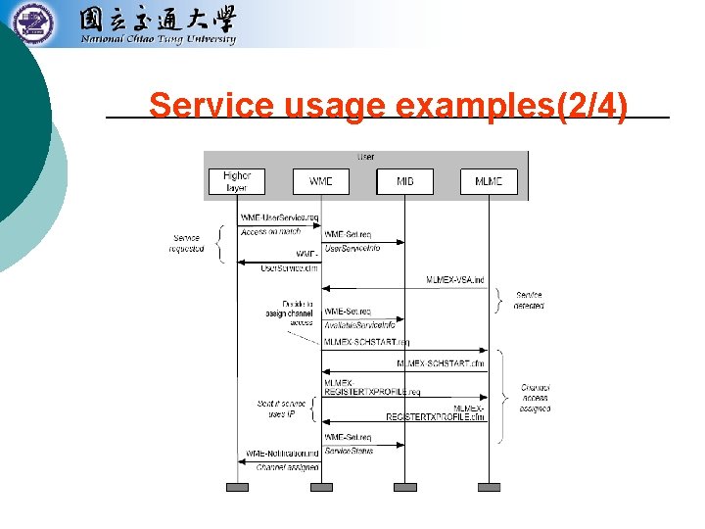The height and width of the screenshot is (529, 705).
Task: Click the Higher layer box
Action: (x=237, y=181)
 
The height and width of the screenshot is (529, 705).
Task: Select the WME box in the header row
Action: (x=320, y=181)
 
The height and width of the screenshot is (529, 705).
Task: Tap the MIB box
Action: (x=404, y=181)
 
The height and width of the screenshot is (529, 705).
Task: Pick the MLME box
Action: (x=489, y=181)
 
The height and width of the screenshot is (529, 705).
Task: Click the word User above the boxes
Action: (x=365, y=157)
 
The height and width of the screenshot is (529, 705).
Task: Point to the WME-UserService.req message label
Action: (x=280, y=216)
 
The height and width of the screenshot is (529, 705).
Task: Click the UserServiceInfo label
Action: (x=352, y=249)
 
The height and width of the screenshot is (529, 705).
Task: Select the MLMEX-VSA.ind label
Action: (x=455, y=280)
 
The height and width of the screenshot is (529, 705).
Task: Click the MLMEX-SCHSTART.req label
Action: (x=366, y=342)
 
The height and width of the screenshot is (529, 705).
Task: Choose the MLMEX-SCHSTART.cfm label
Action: (x=441, y=363)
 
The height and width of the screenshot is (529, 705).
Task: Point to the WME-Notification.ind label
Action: (x=283, y=453)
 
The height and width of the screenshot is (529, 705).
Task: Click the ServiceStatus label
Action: (x=349, y=451)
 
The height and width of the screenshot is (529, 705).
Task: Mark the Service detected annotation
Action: (x=530, y=300)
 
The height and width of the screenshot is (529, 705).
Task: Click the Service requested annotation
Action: (x=188, y=244)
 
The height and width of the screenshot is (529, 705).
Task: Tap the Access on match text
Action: (x=271, y=232)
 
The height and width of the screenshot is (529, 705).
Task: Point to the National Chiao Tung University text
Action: (x=158, y=40)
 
